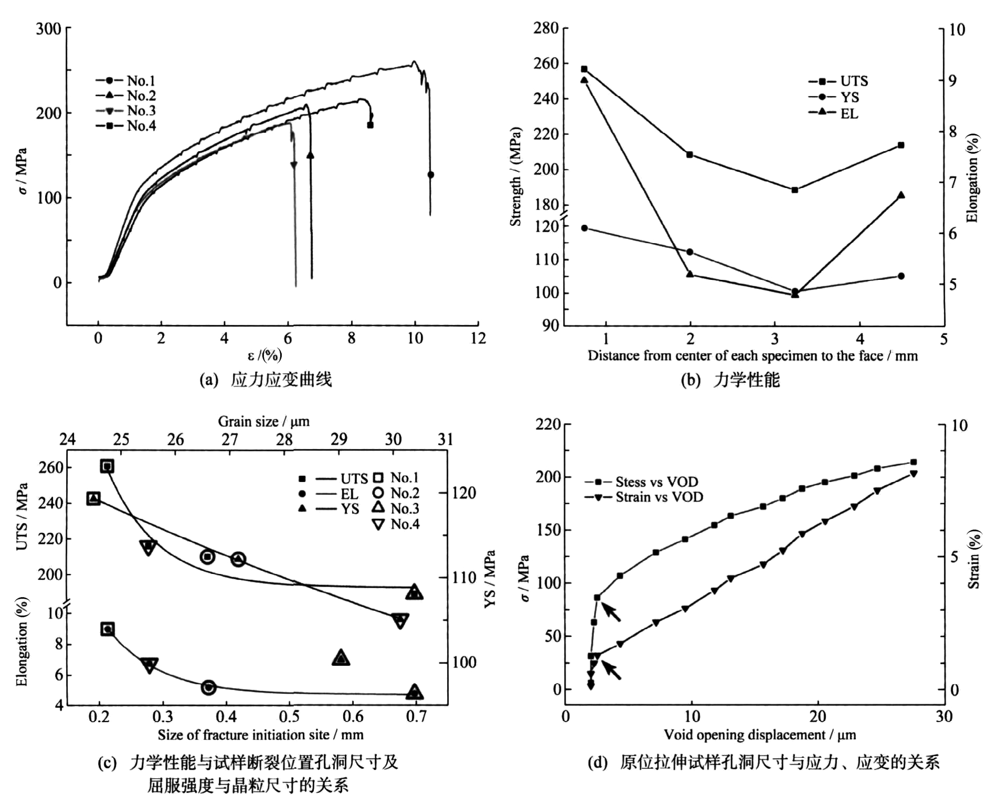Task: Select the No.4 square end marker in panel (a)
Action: pyautogui.click(x=370, y=125)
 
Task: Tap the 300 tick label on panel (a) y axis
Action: pyautogui.click(x=48, y=28)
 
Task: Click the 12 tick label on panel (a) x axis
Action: pyautogui.click(x=478, y=339)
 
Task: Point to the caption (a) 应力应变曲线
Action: pyautogui.click(x=266, y=380)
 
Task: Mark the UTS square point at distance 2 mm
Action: pyautogui.click(x=690, y=154)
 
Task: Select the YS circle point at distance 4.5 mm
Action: pyautogui.click(x=901, y=276)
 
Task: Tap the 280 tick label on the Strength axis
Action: pyautogui.click(x=545, y=28)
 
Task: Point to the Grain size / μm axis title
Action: pyautogui.click(x=263, y=422)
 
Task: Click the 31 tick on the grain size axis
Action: pyautogui.click(x=446, y=440)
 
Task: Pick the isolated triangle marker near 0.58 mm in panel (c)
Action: pyautogui.click(x=341, y=658)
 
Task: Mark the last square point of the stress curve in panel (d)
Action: pyautogui.click(x=913, y=462)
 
